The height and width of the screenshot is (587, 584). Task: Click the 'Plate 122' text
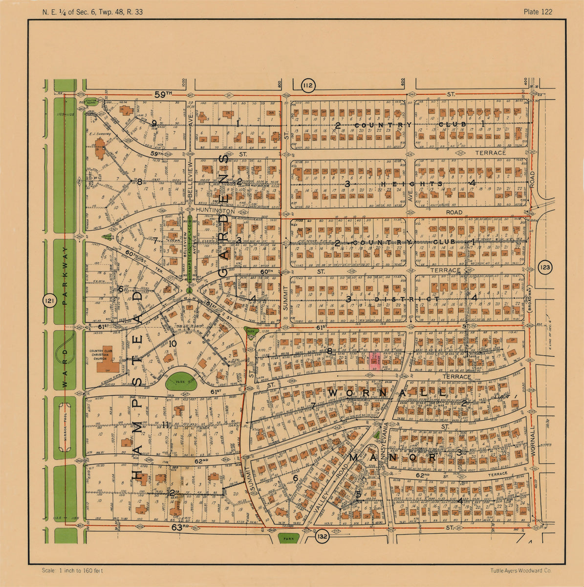538,12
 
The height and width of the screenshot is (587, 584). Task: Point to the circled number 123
545,267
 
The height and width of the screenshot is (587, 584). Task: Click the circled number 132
323,537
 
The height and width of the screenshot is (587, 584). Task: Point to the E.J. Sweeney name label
101,133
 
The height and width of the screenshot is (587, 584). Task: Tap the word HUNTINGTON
216,211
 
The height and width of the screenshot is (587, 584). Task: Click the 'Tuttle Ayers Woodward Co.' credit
521,570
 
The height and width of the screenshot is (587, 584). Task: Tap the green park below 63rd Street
288,538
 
